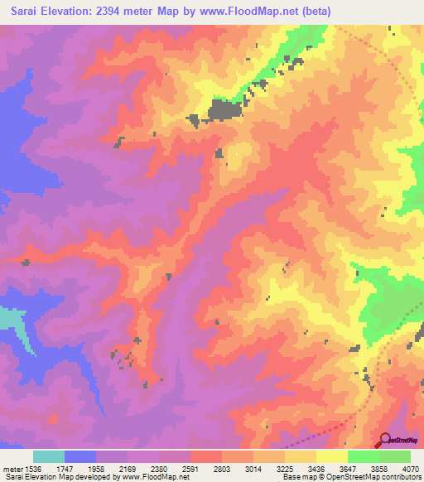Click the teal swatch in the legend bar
[48, 456]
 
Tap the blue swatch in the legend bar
[79, 456]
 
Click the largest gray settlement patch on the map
[223, 110]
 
